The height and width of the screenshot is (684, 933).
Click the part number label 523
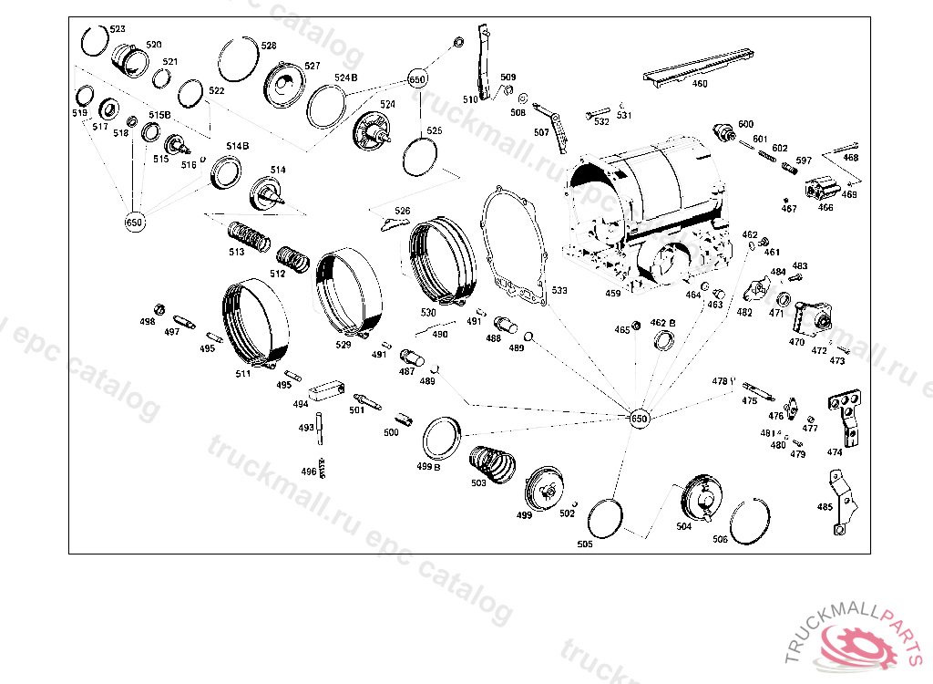118,29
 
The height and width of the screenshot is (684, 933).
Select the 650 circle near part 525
417,78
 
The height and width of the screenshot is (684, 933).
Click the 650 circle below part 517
135,222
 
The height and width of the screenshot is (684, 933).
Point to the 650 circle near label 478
639,418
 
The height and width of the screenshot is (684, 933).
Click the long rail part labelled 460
697,69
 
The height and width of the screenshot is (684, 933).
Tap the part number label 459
612,294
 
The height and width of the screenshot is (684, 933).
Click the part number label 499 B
428,467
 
